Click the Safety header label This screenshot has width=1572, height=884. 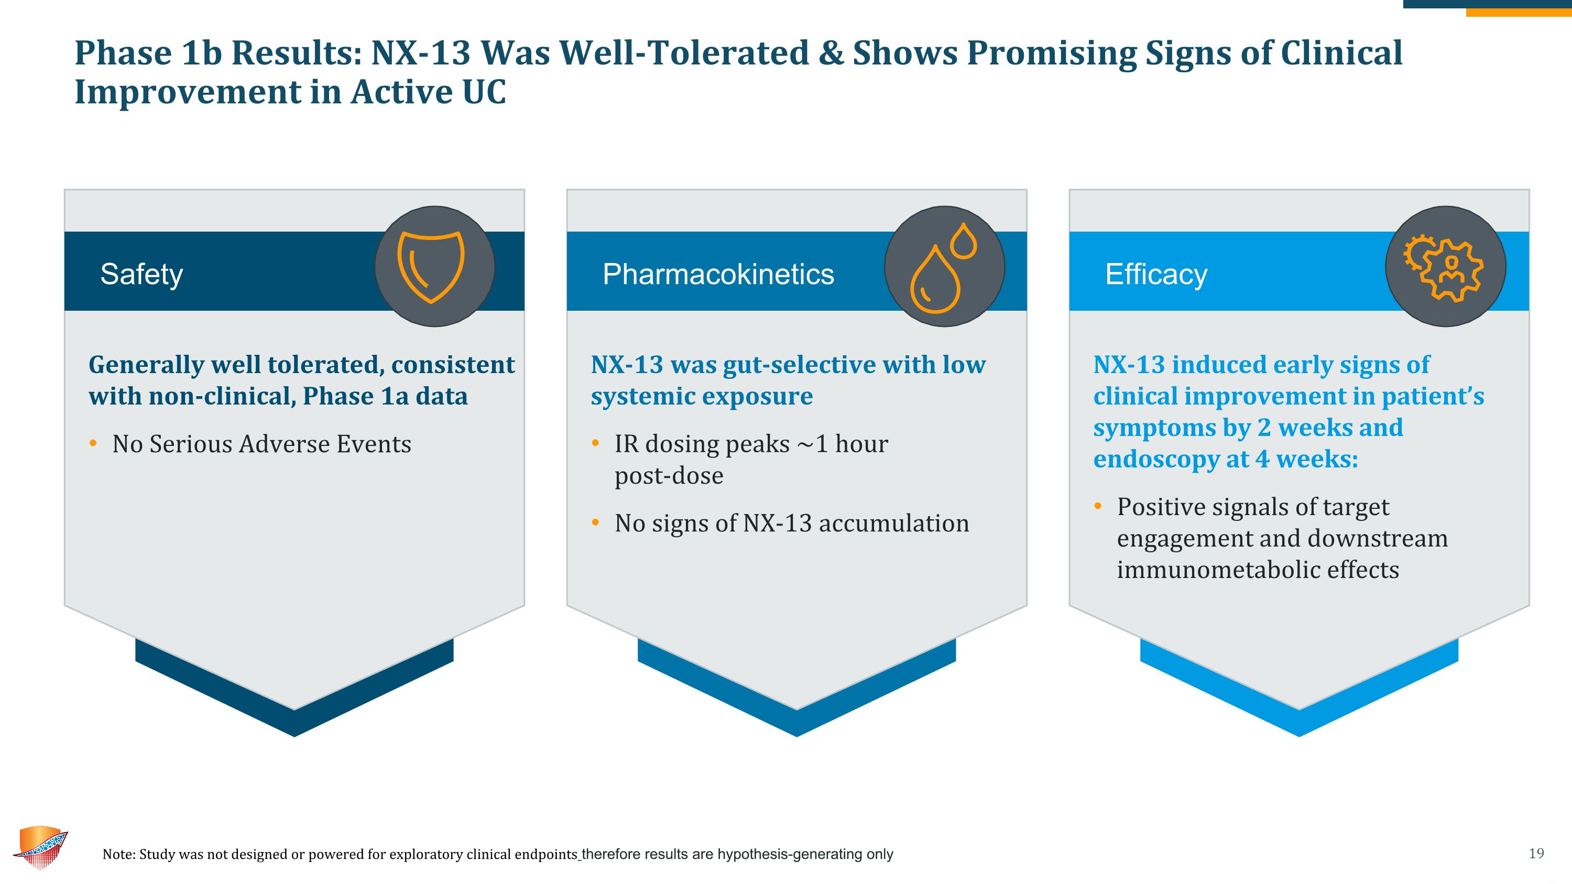141,274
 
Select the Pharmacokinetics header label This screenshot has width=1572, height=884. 718,274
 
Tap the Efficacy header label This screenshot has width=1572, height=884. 1156,274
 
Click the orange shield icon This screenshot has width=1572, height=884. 431,267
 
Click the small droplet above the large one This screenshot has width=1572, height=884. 964,241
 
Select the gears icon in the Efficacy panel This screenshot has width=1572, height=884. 1444,267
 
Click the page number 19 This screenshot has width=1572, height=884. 1536,853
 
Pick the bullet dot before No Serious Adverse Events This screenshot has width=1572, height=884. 93,443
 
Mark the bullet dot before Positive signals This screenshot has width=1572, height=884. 1098,506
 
